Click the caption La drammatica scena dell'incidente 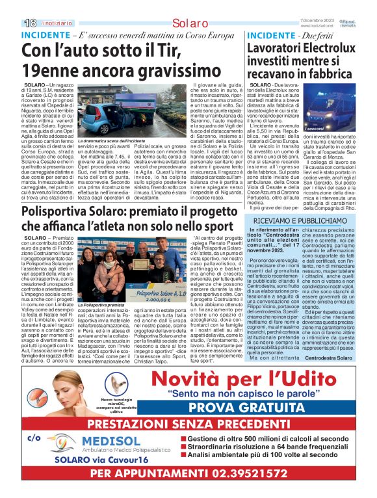point(110,141)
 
